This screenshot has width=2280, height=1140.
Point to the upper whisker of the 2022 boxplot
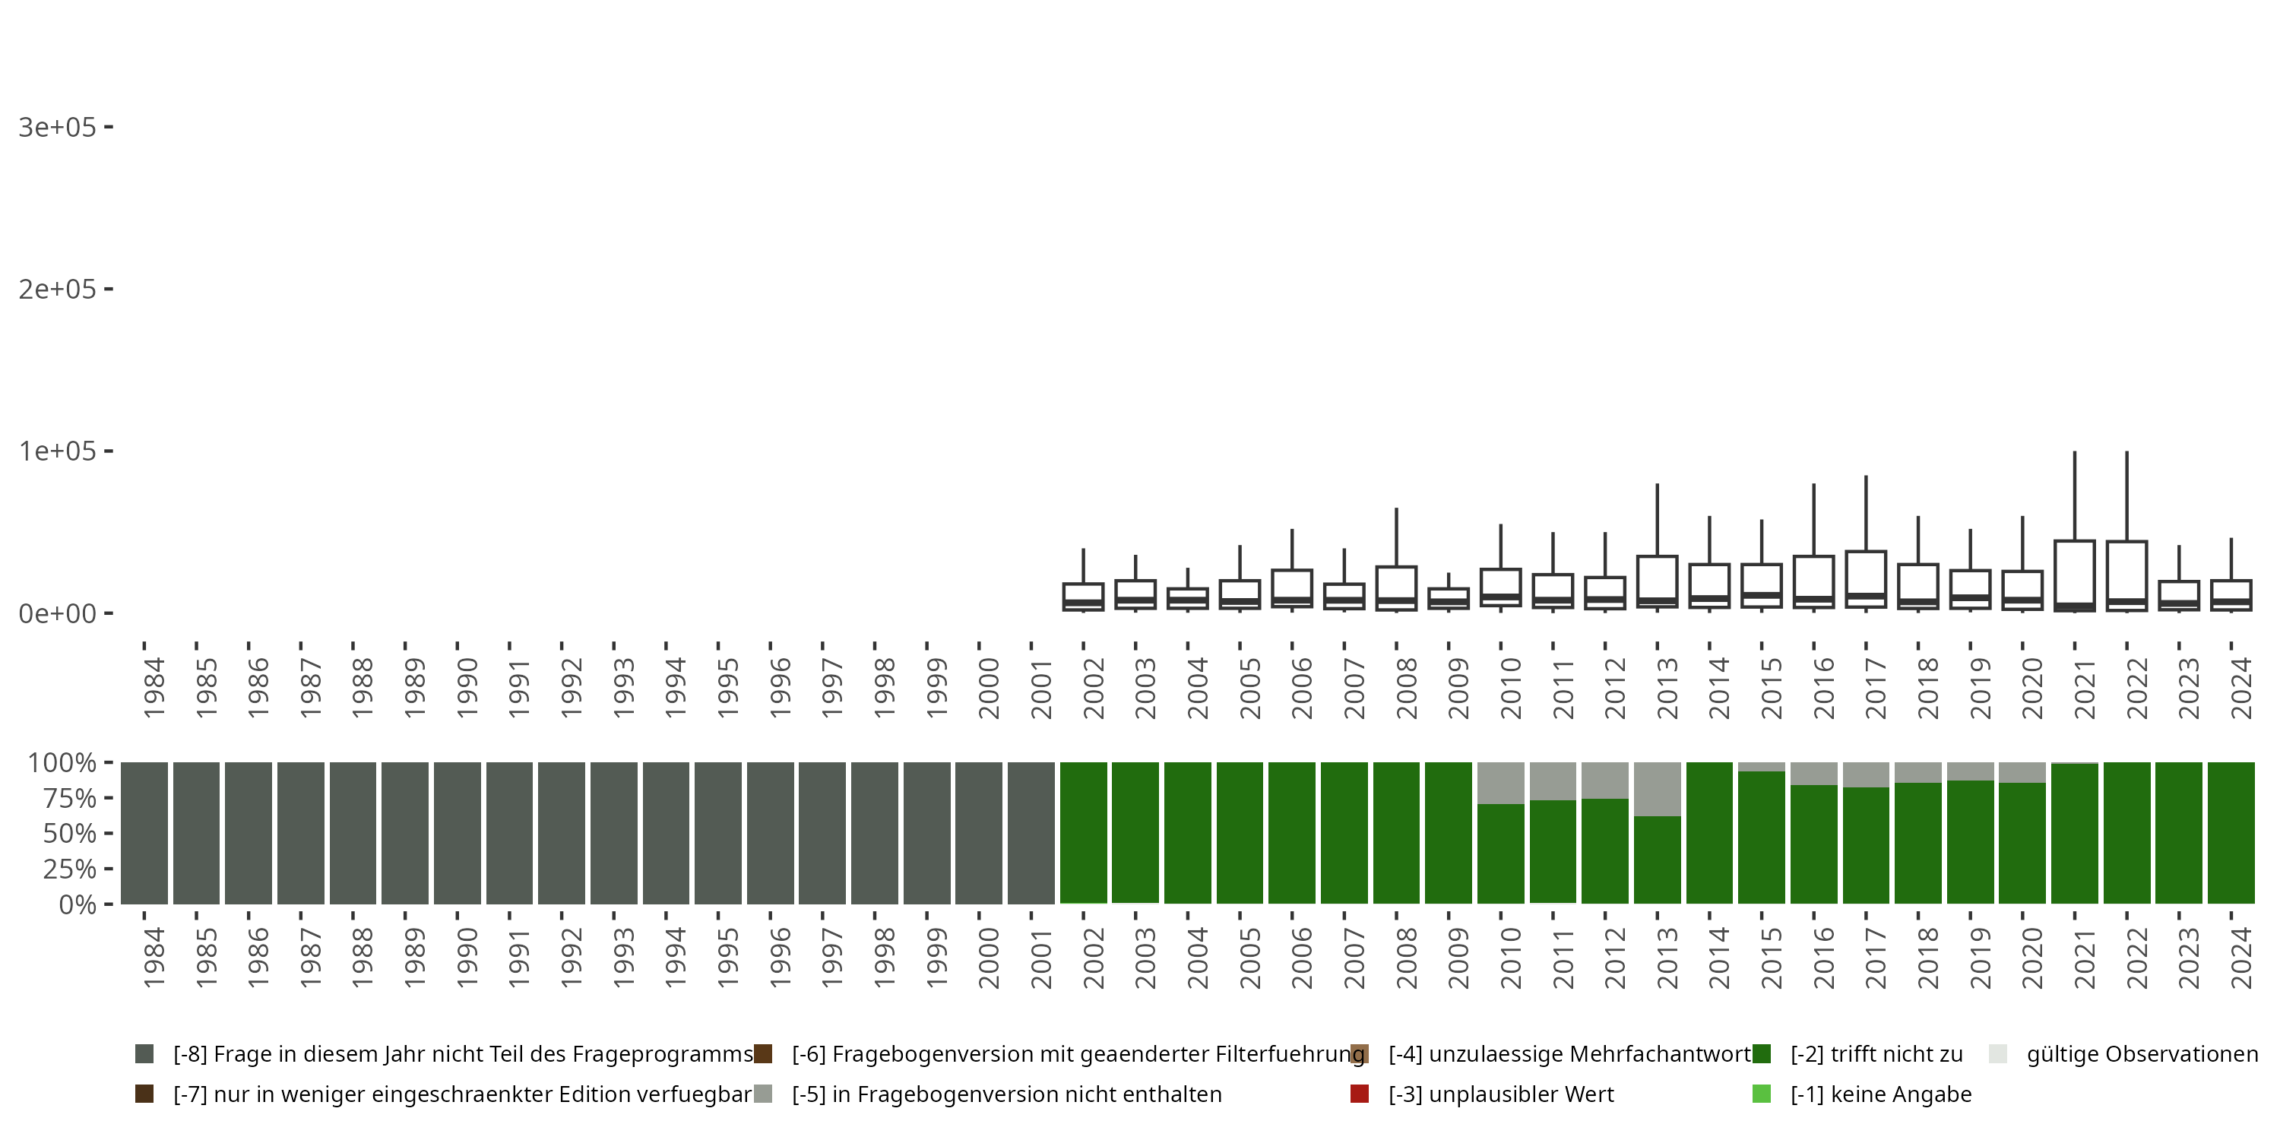click(2127, 496)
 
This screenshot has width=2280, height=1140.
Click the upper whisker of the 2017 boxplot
click(1866, 513)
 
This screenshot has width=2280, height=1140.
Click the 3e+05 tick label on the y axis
click(57, 128)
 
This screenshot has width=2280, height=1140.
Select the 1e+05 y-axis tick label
click(57, 451)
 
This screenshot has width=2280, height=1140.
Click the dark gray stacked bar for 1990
click(457, 833)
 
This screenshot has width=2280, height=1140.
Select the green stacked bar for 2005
click(1239, 833)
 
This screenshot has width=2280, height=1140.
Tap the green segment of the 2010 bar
click(1500, 854)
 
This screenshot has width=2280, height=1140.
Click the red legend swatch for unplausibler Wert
click(1360, 1094)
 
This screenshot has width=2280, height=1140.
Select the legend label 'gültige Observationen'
click(2142, 1054)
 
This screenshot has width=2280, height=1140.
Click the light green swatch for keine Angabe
click(1762, 1094)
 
